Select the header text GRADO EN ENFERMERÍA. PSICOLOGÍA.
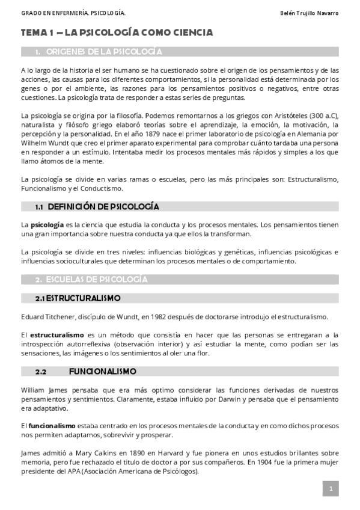pos(65,13)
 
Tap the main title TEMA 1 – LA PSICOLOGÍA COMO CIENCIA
pos(116,32)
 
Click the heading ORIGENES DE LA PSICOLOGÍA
pos(103,52)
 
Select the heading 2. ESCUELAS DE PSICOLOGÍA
pos(91,279)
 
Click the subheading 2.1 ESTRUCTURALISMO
pos(78,298)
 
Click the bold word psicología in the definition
pos(47,224)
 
